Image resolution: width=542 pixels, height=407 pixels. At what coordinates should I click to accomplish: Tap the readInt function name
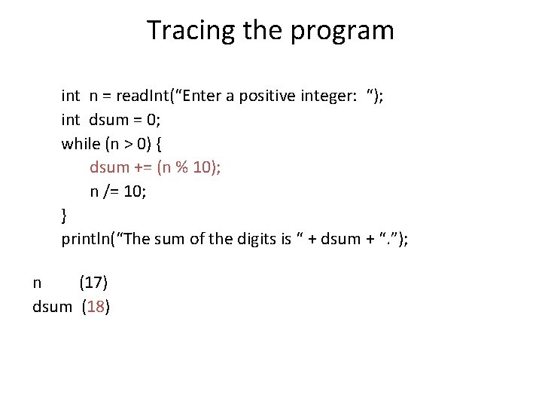coord(145,96)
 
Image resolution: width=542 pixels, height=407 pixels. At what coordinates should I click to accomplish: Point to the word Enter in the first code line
coord(201,96)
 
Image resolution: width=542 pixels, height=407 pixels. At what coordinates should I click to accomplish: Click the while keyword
coord(80,144)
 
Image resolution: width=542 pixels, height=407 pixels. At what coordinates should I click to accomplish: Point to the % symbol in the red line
coord(181,168)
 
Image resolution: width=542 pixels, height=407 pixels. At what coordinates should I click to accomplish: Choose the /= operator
coord(111,192)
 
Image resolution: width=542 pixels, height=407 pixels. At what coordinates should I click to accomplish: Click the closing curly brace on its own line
coord(65,216)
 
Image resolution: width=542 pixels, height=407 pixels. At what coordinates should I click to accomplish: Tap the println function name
coord(87,240)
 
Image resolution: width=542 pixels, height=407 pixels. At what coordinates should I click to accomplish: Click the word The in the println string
coord(139,240)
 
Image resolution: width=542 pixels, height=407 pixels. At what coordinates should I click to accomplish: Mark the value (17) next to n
coord(93,283)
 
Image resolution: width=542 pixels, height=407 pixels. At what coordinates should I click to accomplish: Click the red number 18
coord(96,308)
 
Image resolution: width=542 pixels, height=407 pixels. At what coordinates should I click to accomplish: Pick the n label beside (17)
coord(38,284)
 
